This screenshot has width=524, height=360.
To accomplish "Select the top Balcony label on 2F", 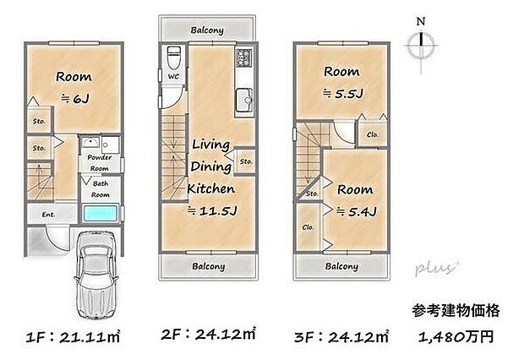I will click(x=207, y=30).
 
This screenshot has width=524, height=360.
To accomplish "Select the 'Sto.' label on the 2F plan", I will click(x=245, y=161).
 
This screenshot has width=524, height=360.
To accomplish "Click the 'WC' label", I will click(x=172, y=77).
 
